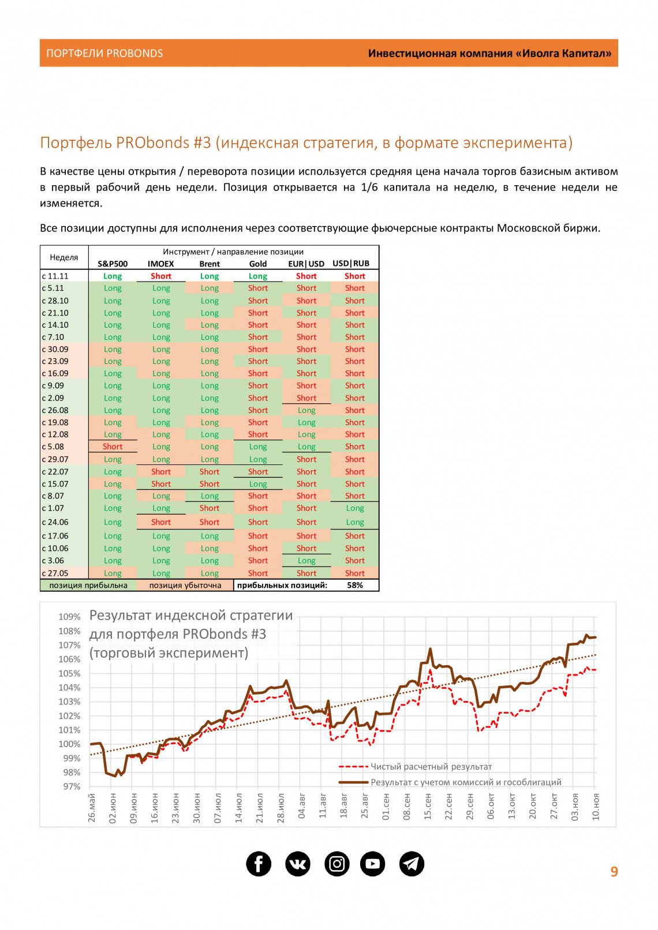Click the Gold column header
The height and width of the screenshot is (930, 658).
258,264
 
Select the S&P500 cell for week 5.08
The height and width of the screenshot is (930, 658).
113,447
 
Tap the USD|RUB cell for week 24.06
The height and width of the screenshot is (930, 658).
355,522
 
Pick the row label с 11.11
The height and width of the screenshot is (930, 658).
55,276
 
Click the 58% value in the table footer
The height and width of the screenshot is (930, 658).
355,585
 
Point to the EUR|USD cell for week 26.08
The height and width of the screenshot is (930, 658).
306,410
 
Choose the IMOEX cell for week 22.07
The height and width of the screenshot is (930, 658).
161,471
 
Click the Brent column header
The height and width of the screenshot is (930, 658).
210,264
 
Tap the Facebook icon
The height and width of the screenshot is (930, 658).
259,864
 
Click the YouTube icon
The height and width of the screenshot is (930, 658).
373,864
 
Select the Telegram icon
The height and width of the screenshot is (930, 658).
412,864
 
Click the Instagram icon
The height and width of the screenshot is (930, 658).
337,864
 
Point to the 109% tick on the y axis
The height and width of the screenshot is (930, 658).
69,617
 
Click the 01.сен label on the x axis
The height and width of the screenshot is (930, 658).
386,807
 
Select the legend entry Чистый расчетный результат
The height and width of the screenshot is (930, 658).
431,767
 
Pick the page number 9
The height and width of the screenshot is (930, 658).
614,872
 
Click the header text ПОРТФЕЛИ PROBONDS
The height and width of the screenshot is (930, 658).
104,54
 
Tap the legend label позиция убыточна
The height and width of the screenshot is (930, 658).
185,585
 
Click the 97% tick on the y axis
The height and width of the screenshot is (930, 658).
72,786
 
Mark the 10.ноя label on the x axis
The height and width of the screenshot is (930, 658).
596,807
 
